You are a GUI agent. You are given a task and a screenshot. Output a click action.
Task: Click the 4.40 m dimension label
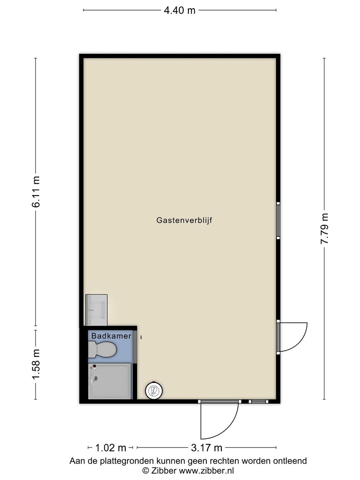coord(179,10)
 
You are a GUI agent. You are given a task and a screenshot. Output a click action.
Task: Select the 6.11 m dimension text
coord(36,192)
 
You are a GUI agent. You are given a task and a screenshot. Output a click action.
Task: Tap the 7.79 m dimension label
coord(324,228)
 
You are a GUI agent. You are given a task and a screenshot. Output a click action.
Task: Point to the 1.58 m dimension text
coord(36,365)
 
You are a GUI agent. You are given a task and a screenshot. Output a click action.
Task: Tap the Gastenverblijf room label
coord(184,220)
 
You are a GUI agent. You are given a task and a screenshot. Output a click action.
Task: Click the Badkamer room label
coord(111,336)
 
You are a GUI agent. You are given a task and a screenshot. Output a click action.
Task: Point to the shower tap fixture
coord(93,379)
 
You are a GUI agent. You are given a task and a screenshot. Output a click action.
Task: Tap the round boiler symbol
coord(154,390)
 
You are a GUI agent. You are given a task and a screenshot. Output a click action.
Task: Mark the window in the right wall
coord(278,221)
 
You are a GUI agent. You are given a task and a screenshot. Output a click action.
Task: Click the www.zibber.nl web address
coord(206,470)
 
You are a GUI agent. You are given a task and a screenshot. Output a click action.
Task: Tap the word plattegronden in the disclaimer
coord(126,461)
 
